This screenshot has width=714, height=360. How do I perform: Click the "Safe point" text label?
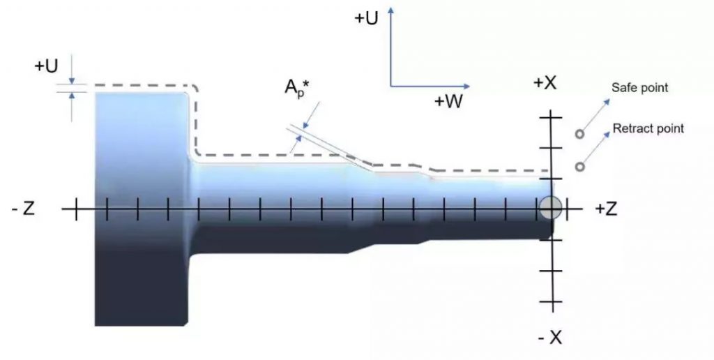(639, 87)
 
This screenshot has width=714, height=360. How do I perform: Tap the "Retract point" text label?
(648, 128)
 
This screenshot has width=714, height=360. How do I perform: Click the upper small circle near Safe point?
(579, 134)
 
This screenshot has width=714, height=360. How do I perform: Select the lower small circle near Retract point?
(579, 167)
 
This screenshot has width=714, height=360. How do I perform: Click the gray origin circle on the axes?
(551, 208)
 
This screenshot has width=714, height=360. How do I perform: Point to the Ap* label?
(297, 87)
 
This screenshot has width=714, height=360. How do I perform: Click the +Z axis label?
(606, 209)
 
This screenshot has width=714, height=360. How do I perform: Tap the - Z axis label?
(23, 209)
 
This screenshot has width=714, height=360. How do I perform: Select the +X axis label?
(545, 83)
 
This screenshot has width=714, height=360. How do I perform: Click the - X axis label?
(550, 338)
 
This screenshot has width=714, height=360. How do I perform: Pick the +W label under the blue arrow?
(448, 101)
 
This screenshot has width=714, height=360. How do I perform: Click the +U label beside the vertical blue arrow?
(366, 18)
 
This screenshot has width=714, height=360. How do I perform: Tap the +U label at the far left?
(46, 66)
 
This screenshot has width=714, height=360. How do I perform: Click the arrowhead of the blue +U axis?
(390, 10)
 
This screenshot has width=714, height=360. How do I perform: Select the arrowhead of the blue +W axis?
(466, 86)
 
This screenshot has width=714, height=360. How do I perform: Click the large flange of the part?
(141, 209)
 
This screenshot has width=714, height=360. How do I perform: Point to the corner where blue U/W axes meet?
(390, 86)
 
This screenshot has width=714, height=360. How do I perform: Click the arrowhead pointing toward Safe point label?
(607, 102)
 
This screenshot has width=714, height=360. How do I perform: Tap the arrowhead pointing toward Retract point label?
(607, 135)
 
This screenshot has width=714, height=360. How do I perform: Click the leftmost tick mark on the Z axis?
(76, 209)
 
